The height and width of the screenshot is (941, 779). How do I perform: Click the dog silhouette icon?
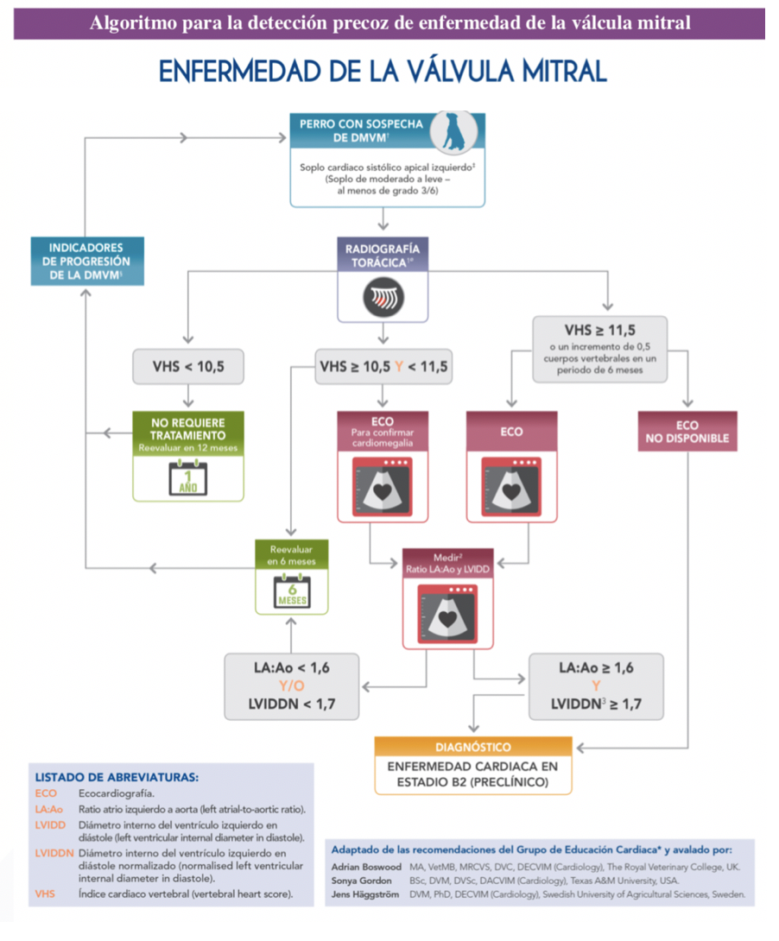pyautogui.click(x=453, y=131)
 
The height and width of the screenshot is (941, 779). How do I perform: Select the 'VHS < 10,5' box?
pyautogui.click(x=188, y=366)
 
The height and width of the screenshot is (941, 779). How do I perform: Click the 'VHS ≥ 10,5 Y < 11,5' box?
pyautogui.click(x=383, y=366)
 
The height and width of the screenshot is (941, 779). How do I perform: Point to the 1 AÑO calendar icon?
pyautogui.click(x=188, y=478)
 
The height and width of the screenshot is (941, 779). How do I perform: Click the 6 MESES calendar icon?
pyautogui.click(x=292, y=591)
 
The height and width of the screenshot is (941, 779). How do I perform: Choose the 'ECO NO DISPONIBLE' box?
pyautogui.click(x=687, y=432)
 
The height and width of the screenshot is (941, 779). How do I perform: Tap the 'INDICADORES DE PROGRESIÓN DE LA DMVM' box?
pyautogui.click(x=87, y=261)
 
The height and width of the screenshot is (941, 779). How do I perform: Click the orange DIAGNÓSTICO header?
pyautogui.click(x=473, y=747)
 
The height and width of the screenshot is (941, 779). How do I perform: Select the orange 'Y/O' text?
pyautogui.click(x=292, y=685)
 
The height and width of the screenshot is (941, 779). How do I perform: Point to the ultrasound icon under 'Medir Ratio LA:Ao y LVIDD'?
pyautogui.click(x=447, y=614)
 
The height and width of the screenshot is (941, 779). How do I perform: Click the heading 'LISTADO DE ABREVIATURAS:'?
pyautogui.click(x=117, y=777)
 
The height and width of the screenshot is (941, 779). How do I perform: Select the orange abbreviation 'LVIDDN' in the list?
pyautogui.click(x=54, y=853)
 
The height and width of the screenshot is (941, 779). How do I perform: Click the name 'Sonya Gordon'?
pyautogui.click(x=361, y=881)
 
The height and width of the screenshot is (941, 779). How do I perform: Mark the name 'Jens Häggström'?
pyautogui.click(x=365, y=894)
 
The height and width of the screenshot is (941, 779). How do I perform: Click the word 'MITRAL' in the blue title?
pyautogui.click(x=564, y=72)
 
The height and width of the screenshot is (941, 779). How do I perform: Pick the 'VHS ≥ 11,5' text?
pyautogui.click(x=599, y=330)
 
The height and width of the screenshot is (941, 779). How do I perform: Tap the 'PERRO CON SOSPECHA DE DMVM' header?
pyautogui.click(x=361, y=131)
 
